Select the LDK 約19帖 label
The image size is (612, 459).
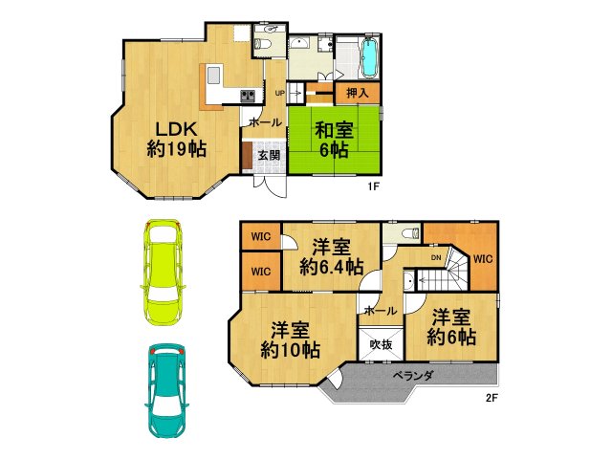[x=176, y=139]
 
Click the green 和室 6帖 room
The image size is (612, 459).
[x=336, y=143]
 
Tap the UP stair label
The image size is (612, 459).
[x=280, y=93]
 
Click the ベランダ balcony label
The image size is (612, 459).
[x=414, y=376]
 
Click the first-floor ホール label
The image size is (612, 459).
[x=264, y=122]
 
